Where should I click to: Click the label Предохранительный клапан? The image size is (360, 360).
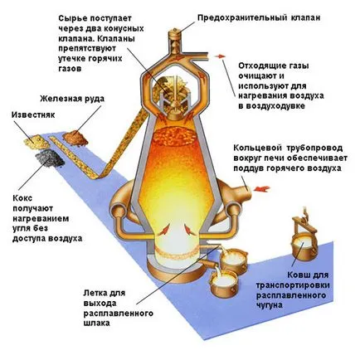coord(259,18)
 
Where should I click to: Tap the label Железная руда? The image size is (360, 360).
coord(72,99)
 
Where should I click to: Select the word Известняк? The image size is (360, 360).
coord(33,114)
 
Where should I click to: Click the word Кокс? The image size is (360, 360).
coord(22,198)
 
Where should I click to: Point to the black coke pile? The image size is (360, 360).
coord(50,158)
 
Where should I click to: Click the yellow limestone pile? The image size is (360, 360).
coord(36,142)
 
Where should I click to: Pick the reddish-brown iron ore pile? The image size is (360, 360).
coord(75,138)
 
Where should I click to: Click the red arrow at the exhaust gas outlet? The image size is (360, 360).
coord(220,56)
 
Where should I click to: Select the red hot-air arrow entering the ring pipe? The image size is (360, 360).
coord(262,189)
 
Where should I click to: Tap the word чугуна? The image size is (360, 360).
coord(269,305)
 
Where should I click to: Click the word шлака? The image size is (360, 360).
coord(96,323)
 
